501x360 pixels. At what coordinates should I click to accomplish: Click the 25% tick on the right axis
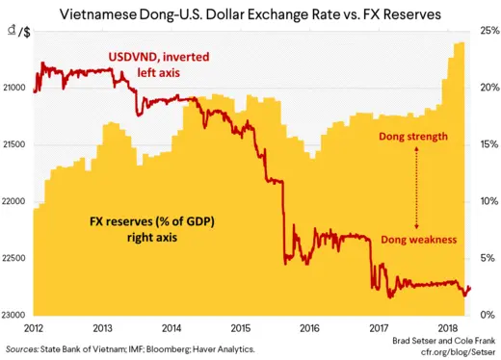point(489,32)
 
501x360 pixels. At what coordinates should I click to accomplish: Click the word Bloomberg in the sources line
point(167,347)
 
